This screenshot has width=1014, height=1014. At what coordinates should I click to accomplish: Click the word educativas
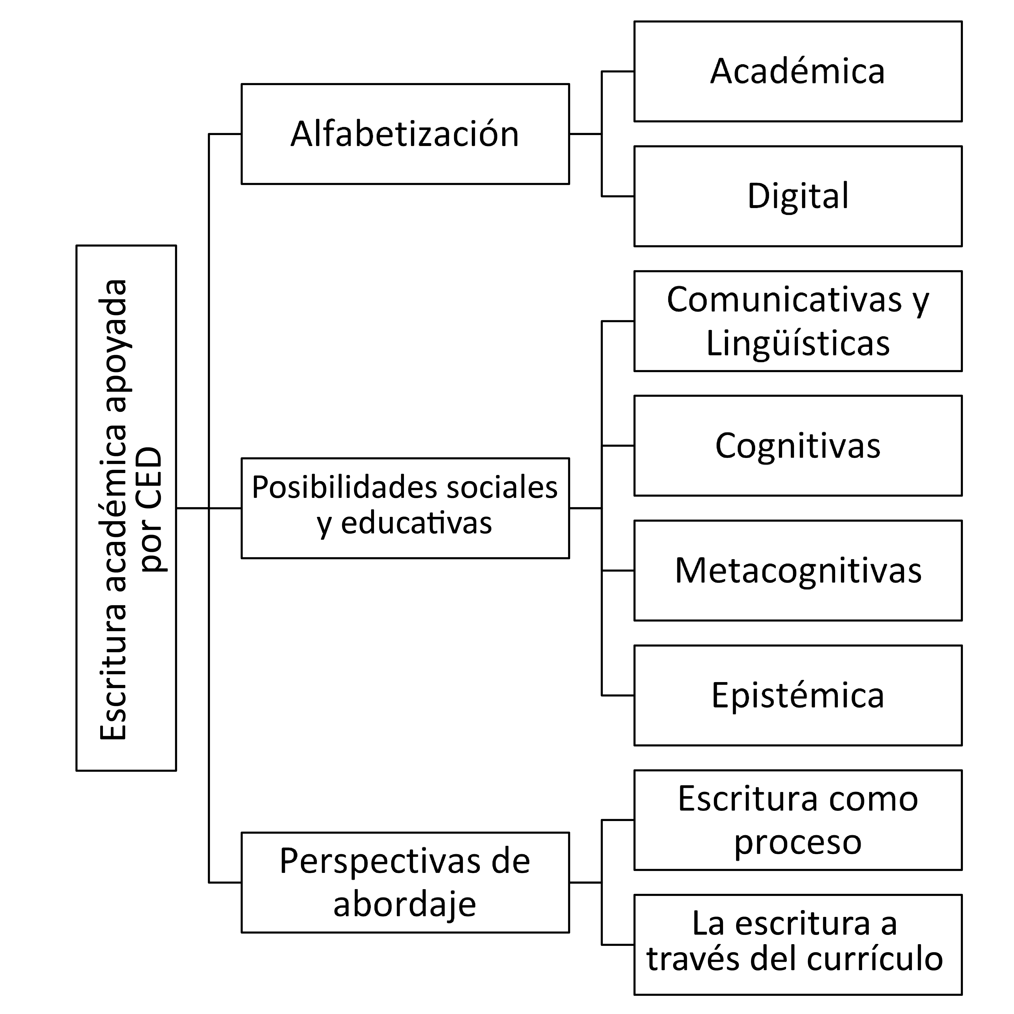[416, 523]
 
